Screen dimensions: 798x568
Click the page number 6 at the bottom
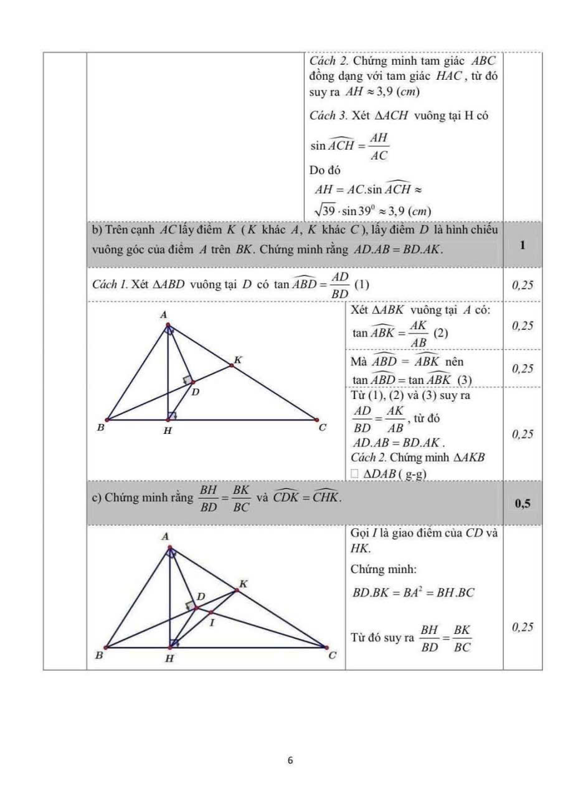click(x=290, y=760)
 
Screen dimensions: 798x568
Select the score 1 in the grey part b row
click(x=522, y=245)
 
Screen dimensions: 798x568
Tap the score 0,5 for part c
click(x=523, y=504)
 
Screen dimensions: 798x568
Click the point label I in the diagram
click(x=213, y=623)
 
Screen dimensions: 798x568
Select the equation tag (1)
click(x=362, y=284)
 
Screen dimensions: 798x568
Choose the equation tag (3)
click(x=465, y=379)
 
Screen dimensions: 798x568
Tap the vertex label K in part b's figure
click(x=237, y=360)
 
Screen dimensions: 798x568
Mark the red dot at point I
click(x=211, y=612)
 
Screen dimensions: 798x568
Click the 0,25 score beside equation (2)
click(x=523, y=325)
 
